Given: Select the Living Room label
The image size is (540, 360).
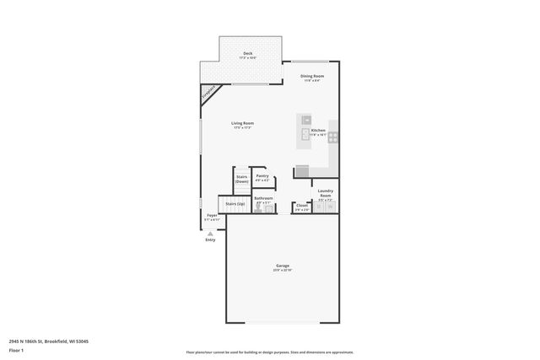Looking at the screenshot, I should point(243,124).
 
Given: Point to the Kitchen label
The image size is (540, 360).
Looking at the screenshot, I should point(318,131).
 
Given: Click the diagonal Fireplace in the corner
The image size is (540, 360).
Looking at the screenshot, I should point(210,93).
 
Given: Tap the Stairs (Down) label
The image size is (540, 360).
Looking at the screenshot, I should point(241,179).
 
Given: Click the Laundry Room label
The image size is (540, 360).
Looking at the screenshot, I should point(325,193).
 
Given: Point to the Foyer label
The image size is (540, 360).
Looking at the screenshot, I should point(212,216).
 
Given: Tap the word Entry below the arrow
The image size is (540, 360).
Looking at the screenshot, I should point(210,239).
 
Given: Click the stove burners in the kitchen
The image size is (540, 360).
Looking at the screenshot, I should point(333,135).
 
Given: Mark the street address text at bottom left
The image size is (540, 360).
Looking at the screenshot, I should point(49,341).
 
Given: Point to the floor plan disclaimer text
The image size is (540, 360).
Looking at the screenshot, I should point(269,352).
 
